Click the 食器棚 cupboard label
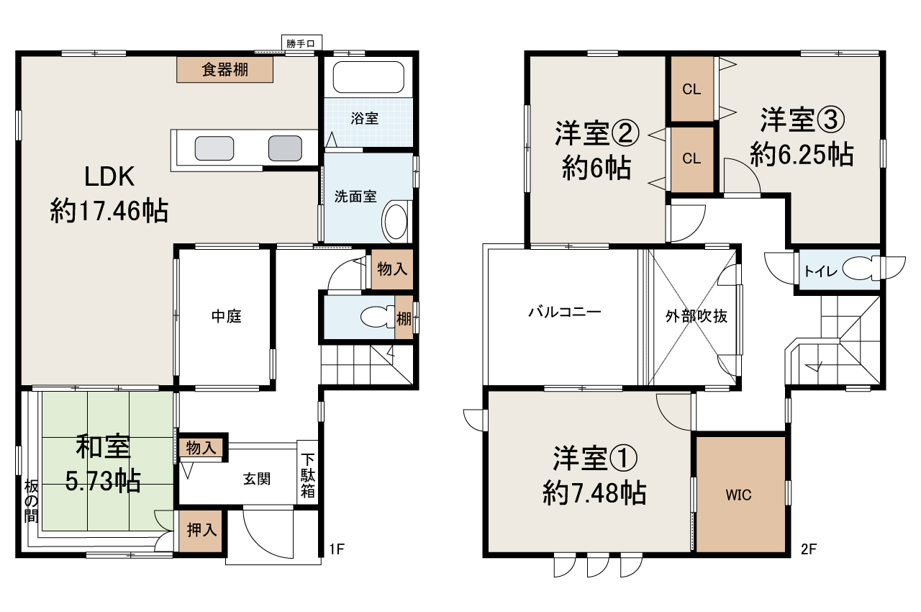[x=225, y=70]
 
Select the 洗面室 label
[x=355, y=197]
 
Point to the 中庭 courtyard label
[x=226, y=316]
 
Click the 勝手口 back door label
[x=301, y=45]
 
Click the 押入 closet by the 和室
[x=201, y=531]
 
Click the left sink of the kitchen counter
[x=214, y=148]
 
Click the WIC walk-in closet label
[x=738, y=495]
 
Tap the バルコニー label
[x=564, y=312]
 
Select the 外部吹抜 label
[x=696, y=317]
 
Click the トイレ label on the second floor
[x=815, y=271]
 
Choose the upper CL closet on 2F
[x=691, y=89]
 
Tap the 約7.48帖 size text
[x=594, y=493]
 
